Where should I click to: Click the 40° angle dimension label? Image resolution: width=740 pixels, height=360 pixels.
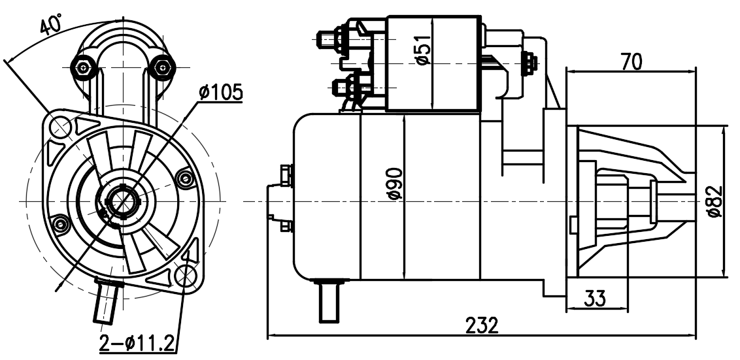tap(51, 25)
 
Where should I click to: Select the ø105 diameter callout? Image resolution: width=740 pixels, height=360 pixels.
tap(221, 93)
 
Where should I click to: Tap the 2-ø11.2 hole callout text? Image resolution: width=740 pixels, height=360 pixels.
tap(137, 343)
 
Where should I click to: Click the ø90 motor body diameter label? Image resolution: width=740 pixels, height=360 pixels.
tap(395, 184)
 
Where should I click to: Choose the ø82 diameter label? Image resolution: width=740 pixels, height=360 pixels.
tap(715, 201)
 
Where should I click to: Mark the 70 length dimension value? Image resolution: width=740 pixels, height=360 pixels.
tap(631, 62)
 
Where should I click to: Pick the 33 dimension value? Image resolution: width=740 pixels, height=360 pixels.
tap(595, 298)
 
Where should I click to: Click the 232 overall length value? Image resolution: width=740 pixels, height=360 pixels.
tap(482, 325)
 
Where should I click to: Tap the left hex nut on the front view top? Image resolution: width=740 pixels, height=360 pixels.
tap(84, 68)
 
